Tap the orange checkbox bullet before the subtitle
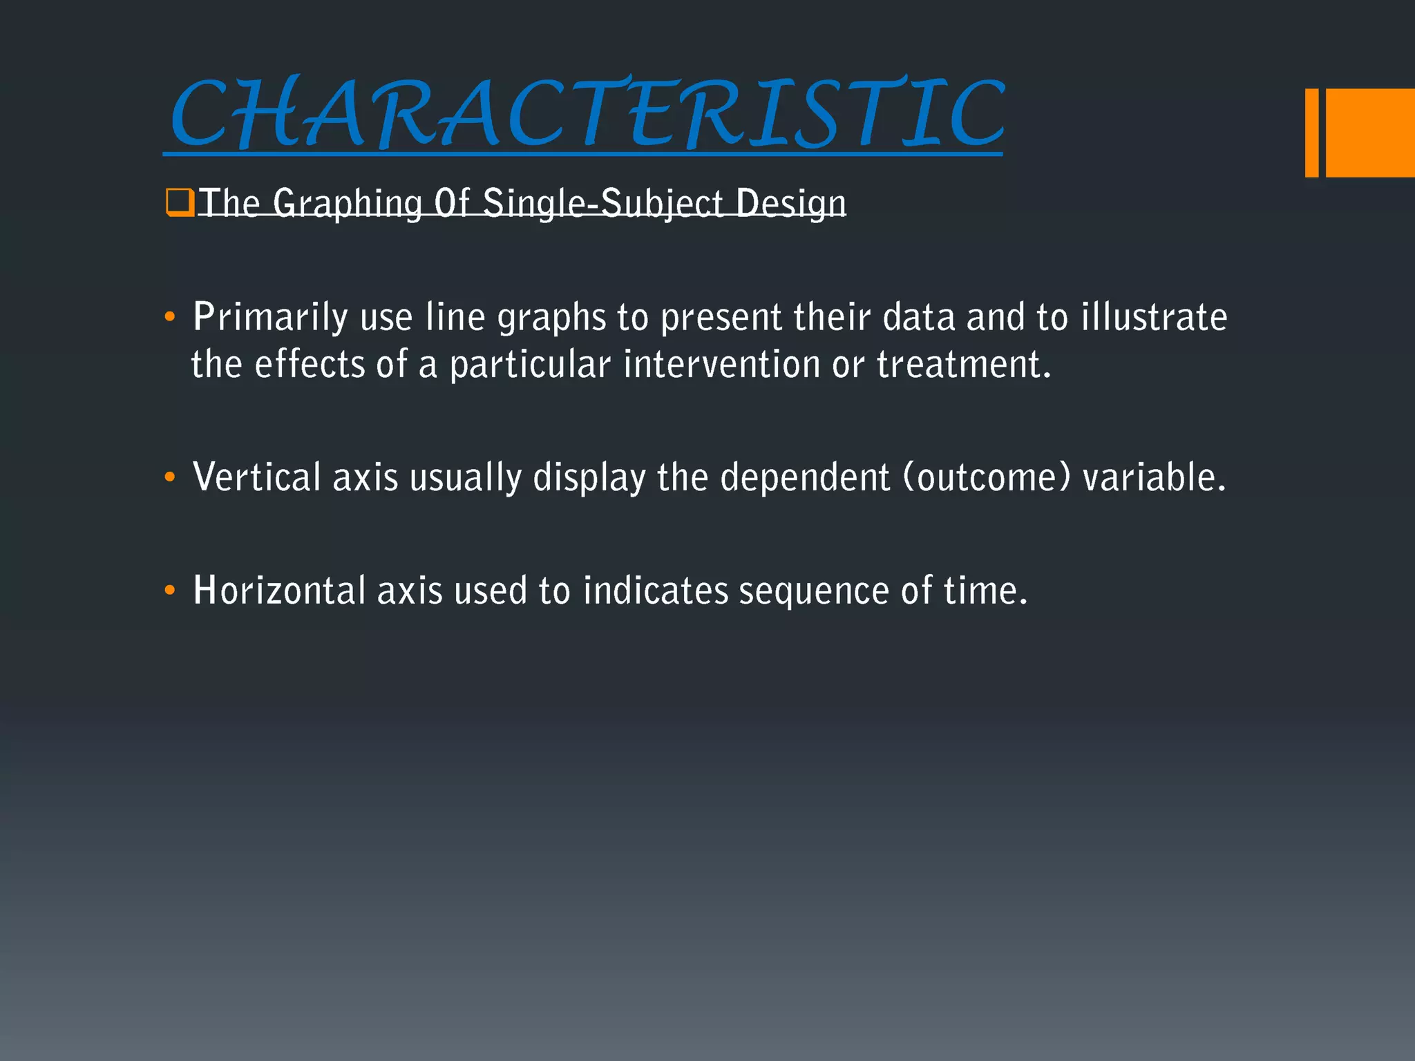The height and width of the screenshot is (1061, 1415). click(179, 203)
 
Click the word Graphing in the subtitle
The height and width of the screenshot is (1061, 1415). click(347, 204)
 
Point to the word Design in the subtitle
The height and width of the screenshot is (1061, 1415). click(790, 204)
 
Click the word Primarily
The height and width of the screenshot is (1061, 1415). click(270, 318)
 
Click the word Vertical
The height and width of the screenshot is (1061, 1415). click(256, 477)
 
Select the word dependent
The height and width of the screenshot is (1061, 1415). click(805, 477)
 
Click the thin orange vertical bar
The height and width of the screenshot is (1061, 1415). click(1311, 133)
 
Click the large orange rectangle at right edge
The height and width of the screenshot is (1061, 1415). click(1370, 133)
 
